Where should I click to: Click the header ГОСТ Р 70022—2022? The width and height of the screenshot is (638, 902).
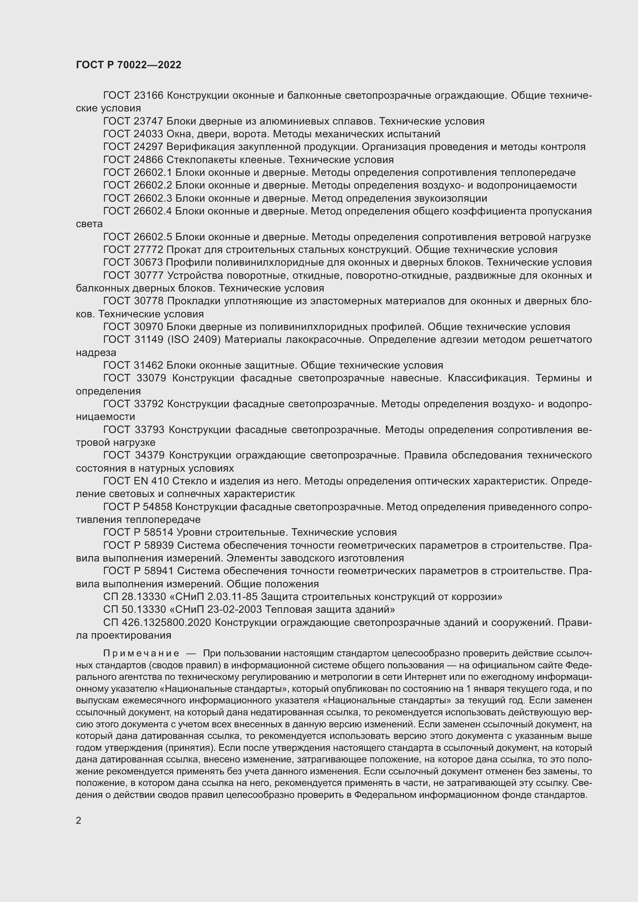[128, 65]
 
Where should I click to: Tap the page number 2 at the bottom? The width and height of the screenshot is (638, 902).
[79, 821]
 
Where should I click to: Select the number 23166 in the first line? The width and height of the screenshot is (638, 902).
[149, 96]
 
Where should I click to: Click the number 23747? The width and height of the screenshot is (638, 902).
[149, 121]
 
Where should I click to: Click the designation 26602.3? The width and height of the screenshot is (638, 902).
[153, 198]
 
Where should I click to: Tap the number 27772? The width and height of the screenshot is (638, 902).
[149, 250]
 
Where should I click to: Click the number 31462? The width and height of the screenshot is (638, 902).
[149, 365]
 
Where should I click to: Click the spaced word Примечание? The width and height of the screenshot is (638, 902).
[141, 653]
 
